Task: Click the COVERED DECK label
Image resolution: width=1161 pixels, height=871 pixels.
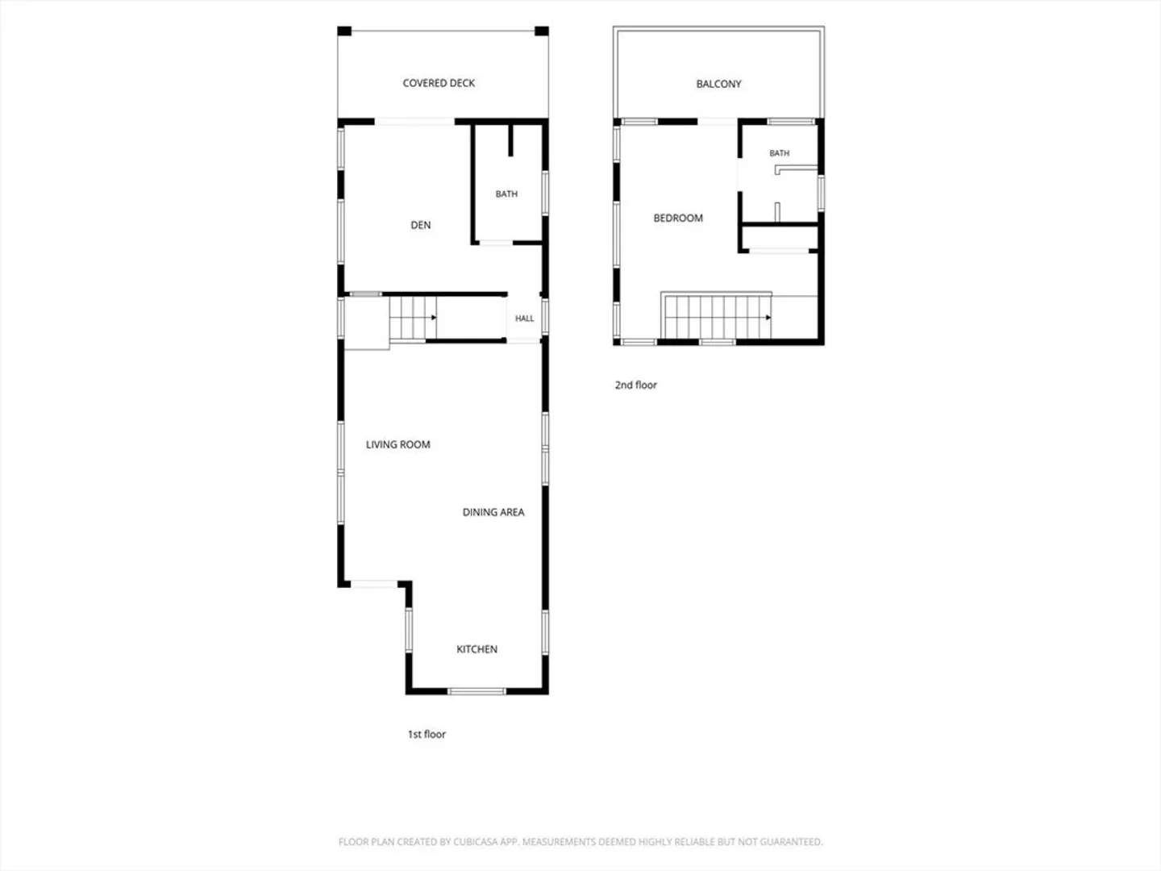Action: pyautogui.click(x=439, y=83)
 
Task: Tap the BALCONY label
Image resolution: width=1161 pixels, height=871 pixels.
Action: pyautogui.click(x=718, y=84)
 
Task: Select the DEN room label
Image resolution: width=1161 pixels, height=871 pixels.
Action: pyautogui.click(x=421, y=225)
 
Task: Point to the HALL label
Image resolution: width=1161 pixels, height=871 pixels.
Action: pyautogui.click(x=524, y=319)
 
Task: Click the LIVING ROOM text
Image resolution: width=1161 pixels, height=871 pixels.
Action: pyautogui.click(x=397, y=444)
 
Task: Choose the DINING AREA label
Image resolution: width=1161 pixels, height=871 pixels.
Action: pyautogui.click(x=493, y=512)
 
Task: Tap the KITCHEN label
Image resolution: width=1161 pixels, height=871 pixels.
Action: pyautogui.click(x=476, y=649)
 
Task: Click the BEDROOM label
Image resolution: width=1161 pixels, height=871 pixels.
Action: pyautogui.click(x=678, y=219)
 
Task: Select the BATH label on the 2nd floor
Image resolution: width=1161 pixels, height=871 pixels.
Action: pyautogui.click(x=779, y=153)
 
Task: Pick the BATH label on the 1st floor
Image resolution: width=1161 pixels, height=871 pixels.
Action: pyautogui.click(x=506, y=194)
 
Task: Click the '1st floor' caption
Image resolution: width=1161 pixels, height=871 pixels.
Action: pyautogui.click(x=427, y=734)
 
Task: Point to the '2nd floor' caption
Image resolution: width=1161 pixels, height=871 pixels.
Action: pyautogui.click(x=636, y=385)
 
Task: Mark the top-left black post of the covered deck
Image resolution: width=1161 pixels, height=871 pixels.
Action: pyautogui.click(x=344, y=31)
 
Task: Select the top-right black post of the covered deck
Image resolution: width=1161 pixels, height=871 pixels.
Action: pyautogui.click(x=542, y=31)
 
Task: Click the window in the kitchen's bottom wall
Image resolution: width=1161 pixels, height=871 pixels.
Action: pyautogui.click(x=476, y=691)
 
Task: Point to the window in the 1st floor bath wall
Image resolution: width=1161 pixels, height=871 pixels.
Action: pyautogui.click(x=545, y=193)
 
